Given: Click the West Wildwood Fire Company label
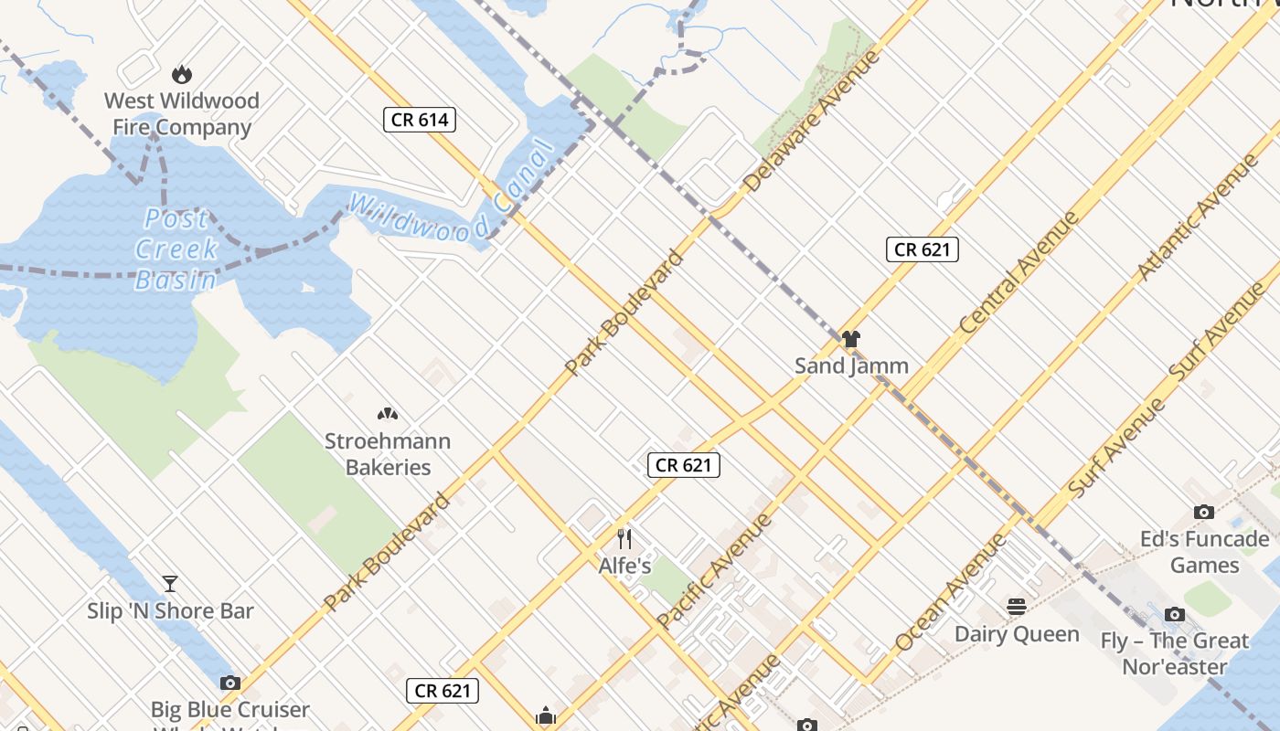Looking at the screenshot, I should (x=181, y=113).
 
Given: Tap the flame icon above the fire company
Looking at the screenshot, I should (x=182, y=74).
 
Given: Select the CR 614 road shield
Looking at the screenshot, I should (x=419, y=120).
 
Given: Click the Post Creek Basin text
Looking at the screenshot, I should (x=176, y=249).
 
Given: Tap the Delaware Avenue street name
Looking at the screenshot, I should (x=811, y=122).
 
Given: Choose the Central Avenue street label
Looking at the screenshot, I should (x=1019, y=272).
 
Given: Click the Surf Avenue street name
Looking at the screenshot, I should (x=1217, y=331).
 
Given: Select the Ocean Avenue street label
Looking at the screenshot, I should (x=951, y=591).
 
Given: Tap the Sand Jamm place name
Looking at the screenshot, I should (x=851, y=365).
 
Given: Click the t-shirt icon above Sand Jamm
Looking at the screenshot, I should (x=851, y=339).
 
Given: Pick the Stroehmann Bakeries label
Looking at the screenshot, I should (x=388, y=454).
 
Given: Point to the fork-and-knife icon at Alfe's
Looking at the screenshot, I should (x=624, y=538).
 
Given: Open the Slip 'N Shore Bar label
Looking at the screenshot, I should (x=170, y=610).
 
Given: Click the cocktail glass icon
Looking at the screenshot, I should (x=170, y=584).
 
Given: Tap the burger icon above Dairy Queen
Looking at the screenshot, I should (x=1017, y=607).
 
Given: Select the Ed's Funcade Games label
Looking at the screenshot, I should (x=1204, y=552).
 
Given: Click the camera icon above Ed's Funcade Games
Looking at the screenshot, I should (x=1204, y=513).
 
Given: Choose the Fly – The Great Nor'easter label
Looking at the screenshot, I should (x=1175, y=653).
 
